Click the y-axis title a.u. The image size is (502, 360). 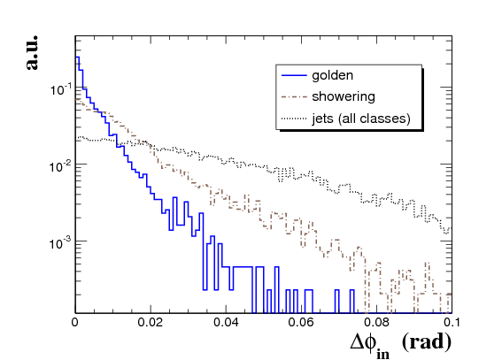pyautogui.click(x=32, y=52)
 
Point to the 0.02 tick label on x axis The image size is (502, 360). pyautogui.click(x=151, y=322)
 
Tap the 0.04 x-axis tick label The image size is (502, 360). pyautogui.click(x=226, y=322)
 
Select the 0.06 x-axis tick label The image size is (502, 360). pyautogui.click(x=301, y=322)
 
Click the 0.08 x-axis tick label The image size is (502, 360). pyautogui.click(x=377, y=322)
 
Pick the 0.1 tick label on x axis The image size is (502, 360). pyautogui.click(x=452, y=322)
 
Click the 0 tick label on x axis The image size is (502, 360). pyautogui.click(x=75, y=322)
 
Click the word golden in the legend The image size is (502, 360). pyautogui.click(x=333, y=76)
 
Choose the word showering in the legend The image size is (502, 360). pyautogui.click(x=344, y=96)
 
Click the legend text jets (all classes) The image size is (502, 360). pyautogui.click(x=361, y=119)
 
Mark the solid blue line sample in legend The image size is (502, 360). pyautogui.click(x=294, y=75)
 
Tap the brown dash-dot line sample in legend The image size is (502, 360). pyautogui.click(x=294, y=96)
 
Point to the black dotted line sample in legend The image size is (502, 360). pyautogui.click(x=294, y=119)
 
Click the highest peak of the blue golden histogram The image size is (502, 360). pyautogui.click(x=77, y=57)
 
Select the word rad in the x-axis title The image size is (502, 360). pyautogui.click(x=427, y=341)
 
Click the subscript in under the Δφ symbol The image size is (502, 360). pyautogui.click(x=382, y=354)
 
